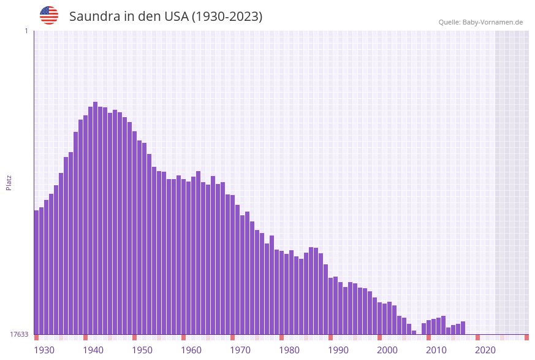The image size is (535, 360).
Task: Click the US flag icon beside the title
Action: (49, 15)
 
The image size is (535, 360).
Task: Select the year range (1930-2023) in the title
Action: (227, 17)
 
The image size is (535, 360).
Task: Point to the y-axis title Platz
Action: (9, 182)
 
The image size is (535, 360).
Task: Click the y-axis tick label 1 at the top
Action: (26, 31)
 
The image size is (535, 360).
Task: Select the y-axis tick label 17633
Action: (19, 334)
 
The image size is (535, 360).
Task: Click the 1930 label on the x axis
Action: (44, 350)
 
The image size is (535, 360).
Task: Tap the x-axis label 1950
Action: (142, 350)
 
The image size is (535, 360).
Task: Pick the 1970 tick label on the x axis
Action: (240, 350)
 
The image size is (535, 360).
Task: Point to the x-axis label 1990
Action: (338, 350)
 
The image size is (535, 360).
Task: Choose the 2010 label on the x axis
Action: (436, 350)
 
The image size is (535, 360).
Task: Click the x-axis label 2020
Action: (485, 350)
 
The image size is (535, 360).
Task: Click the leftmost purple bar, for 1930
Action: (37, 272)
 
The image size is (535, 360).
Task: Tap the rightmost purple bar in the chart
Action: (463, 328)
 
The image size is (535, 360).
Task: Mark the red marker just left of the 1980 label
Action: (282, 337)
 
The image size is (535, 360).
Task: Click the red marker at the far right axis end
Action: (526, 337)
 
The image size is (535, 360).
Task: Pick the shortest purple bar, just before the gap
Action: (414, 332)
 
